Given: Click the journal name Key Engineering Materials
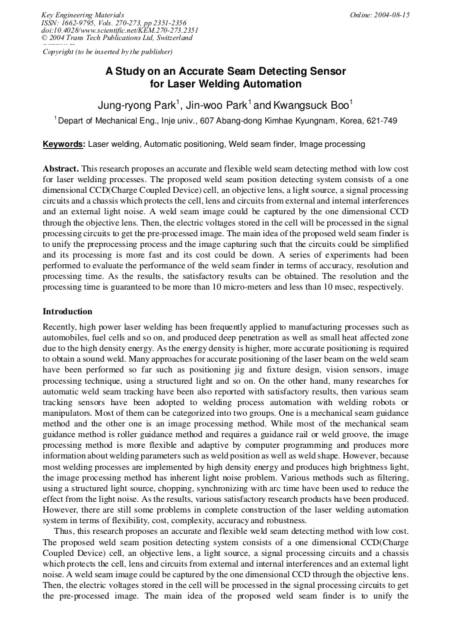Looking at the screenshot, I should coord(82,15).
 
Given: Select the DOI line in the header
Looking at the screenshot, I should coord(120,30).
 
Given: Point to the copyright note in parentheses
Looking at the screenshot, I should coord(107,51).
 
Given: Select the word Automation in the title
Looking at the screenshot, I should coord(273,84).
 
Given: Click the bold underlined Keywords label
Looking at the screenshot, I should coord(63,143).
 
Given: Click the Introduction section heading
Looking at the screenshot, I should coord(67,312).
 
